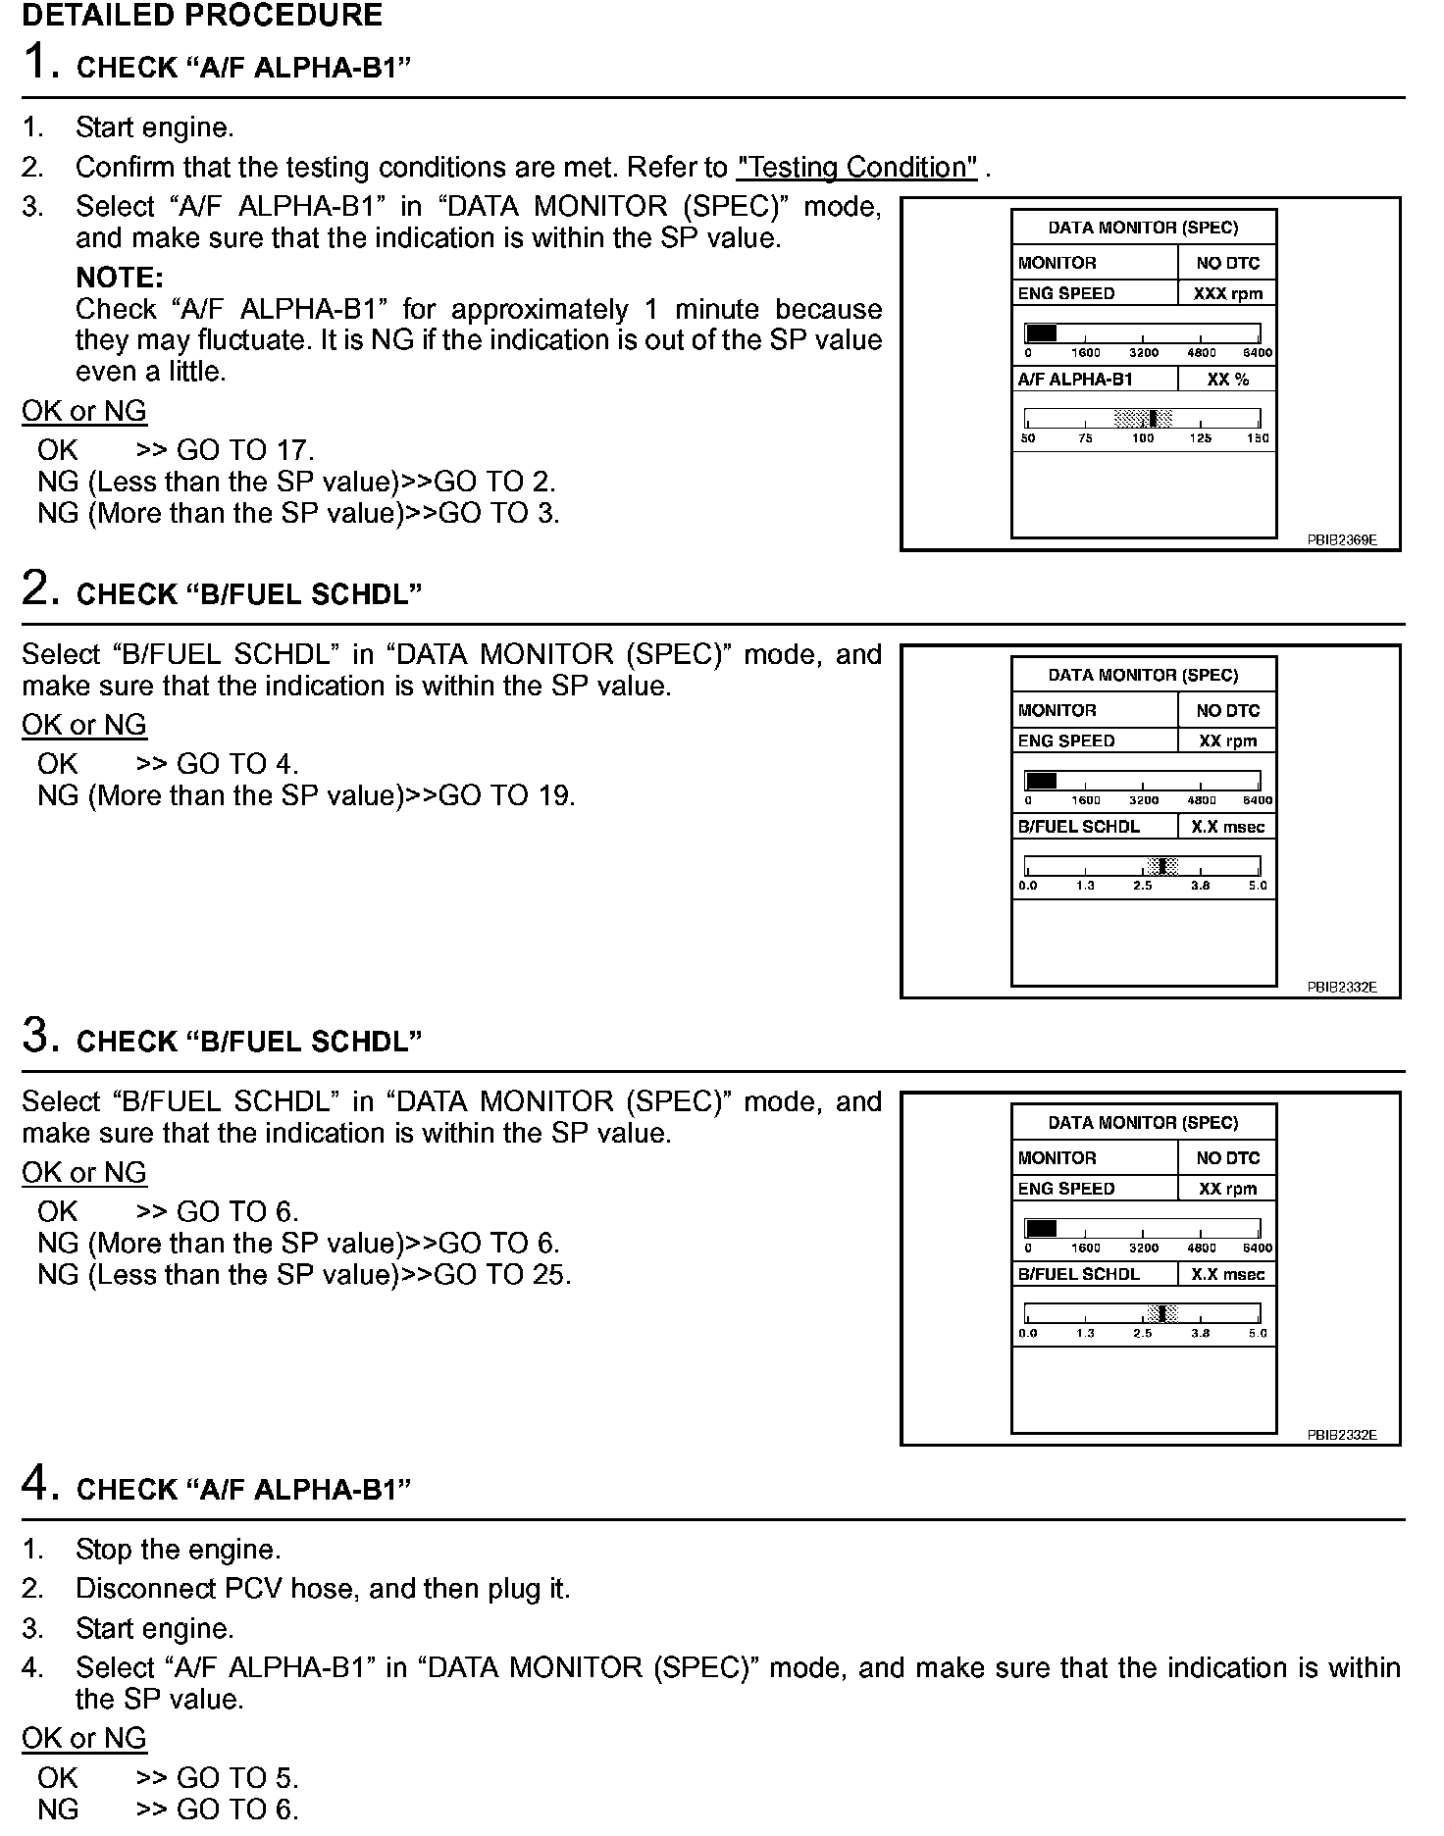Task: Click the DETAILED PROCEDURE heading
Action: pos(202,16)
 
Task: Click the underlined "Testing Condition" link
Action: pos(856,168)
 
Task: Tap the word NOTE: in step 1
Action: pos(119,278)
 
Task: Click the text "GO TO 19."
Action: pos(506,795)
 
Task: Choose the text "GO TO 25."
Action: pos(502,1275)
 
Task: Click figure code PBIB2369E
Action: pos(1341,539)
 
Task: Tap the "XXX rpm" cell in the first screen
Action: pos(1227,293)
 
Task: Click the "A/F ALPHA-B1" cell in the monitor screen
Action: pos(1075,380)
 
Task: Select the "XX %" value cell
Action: pos(1227,380)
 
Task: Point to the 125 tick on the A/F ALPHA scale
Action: pos(1201,438)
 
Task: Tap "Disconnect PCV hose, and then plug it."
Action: pos(323,1589)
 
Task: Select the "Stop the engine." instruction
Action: pos(178,1550)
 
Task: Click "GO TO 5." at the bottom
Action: pos(237,1778)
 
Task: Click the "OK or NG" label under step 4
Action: pos(84,1738)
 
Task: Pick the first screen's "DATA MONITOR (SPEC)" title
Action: pos(1143,228)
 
